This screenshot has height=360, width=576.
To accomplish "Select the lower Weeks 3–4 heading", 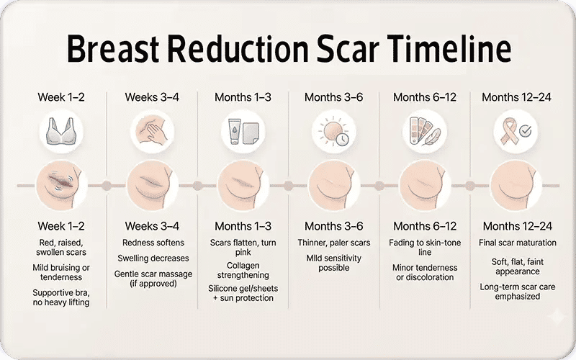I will point(152,226).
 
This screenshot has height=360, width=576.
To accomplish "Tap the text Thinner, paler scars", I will point(333,243).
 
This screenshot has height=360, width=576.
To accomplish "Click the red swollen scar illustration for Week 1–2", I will point(61,185).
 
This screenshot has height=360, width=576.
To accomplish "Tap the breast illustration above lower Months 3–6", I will point(333,185).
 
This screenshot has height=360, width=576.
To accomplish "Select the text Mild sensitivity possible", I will point(333,262).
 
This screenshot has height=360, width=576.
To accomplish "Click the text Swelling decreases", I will point(153,258).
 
